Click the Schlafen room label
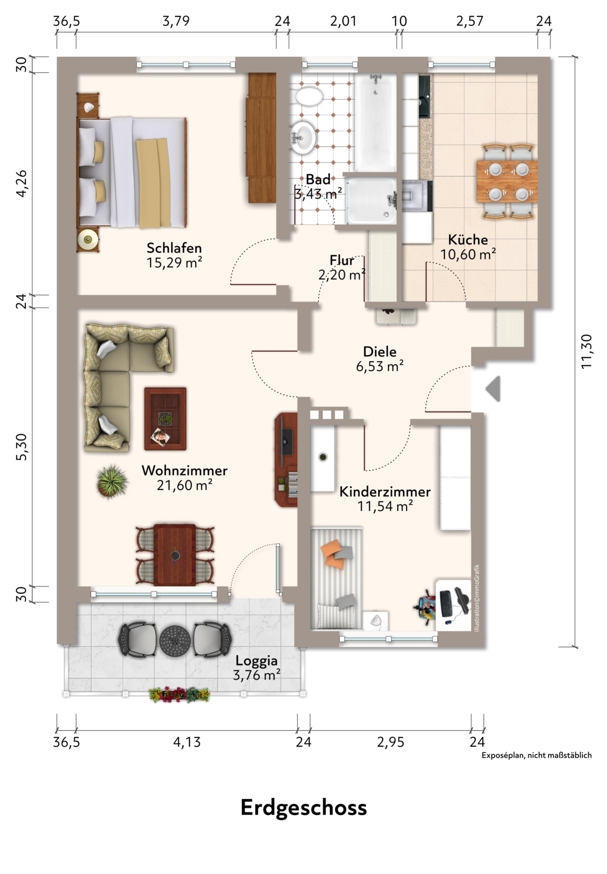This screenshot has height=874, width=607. [x=174, y=248]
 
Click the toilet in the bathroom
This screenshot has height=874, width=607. [x=309, y=97]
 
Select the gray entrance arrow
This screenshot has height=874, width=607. [x=493, y=388]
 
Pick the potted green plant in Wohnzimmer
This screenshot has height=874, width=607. [x=112, y=481]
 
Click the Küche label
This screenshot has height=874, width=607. [x=468, y=240]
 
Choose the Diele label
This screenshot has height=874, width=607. [x=380, y=352]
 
